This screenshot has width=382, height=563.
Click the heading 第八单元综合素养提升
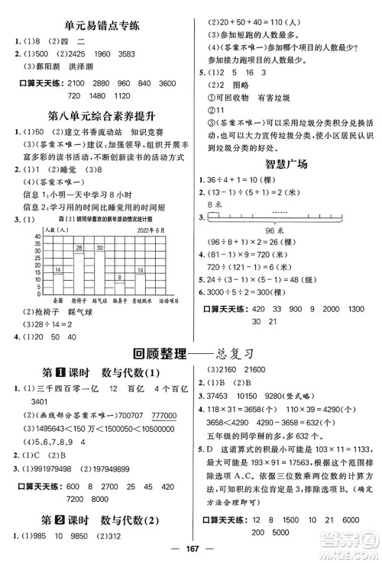click(x=92, y=114)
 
